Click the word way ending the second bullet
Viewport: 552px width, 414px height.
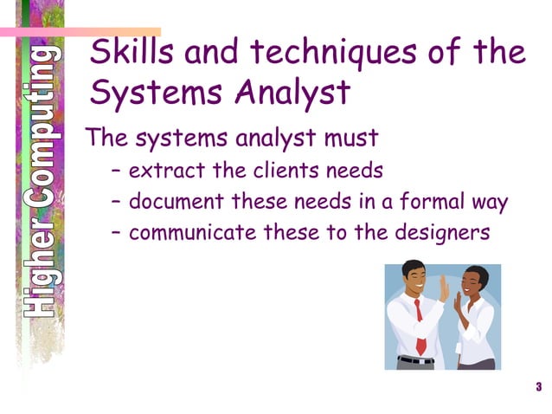[x=490, y=204]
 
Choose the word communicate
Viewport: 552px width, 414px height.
[x=190, y=233]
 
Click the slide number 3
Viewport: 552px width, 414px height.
[x=538, y=386]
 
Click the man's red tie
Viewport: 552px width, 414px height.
[x=420, y=325]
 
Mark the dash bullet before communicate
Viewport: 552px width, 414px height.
[x=117, y=234]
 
